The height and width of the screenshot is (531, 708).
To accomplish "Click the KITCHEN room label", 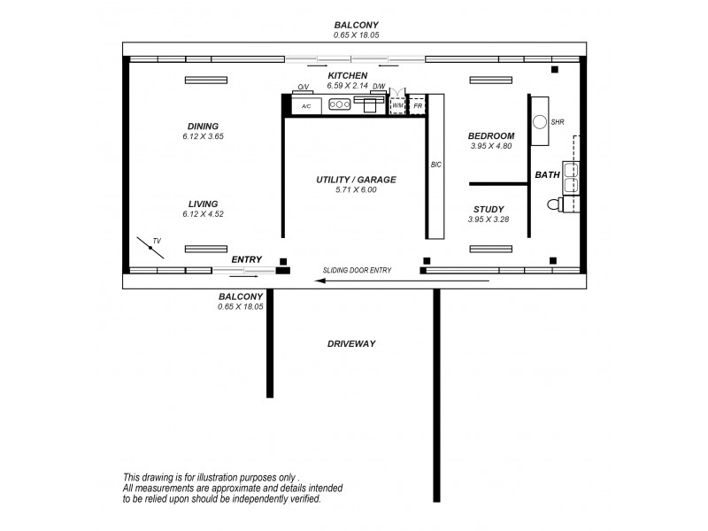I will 347,76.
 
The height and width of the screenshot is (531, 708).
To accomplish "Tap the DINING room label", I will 203,126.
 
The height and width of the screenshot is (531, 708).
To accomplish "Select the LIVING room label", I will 203,204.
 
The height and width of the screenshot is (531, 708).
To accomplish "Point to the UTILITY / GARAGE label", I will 356,180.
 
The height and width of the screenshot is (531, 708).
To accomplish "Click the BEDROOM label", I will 491,135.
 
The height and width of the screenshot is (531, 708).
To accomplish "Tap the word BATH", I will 547,175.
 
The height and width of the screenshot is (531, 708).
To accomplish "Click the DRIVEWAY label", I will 351,343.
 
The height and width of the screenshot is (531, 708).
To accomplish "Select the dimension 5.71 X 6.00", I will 356,190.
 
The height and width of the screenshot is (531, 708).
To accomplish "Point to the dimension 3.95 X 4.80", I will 491,146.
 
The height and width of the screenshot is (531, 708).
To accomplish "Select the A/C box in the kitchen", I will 306,105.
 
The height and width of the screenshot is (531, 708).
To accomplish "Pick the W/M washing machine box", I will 398,105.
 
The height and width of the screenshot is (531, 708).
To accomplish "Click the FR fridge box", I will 418,105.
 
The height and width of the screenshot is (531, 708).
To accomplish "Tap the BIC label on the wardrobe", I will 435,165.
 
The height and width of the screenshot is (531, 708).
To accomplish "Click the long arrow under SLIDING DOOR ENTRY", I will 403,281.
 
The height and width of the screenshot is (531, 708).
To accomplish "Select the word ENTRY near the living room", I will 247,259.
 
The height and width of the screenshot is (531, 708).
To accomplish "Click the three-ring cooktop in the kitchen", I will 339,104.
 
